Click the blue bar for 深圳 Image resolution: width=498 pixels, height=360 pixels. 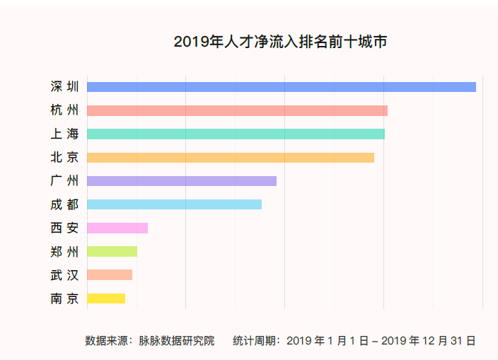pos(281,87)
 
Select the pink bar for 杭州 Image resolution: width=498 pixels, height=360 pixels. pos(237,110)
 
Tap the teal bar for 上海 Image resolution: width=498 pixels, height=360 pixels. pos(236,134)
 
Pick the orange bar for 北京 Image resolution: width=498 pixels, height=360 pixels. pos(230,157)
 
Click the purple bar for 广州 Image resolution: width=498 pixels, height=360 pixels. pos(181,181)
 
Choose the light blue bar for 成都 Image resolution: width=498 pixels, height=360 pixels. pos(174,204)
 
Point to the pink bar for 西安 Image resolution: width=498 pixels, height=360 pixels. pos(117,228)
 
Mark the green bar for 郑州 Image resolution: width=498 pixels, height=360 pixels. pos(112,251)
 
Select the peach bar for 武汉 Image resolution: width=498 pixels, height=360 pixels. pos(109,274)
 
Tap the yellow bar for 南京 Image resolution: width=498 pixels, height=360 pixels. pos(105,298)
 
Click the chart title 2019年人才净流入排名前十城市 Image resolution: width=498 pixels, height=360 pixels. pos(280,42)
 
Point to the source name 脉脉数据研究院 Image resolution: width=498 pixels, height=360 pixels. pos(176,341)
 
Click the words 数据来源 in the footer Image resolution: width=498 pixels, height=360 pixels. pos(107,341)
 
